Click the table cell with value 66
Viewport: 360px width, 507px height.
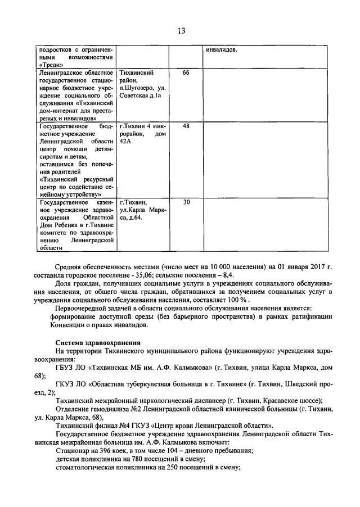pyautogui.click(x=186, y=73)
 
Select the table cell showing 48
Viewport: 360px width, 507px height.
pyautogui.click(x=186, y=126)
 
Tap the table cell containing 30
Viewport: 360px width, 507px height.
pyautogui.click(x=186, y=202)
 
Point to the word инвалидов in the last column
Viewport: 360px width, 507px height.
pyautogui.click(x=222, y=49)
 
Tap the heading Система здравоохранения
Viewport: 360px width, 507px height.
pyautogui.click(x=98, y=342)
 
